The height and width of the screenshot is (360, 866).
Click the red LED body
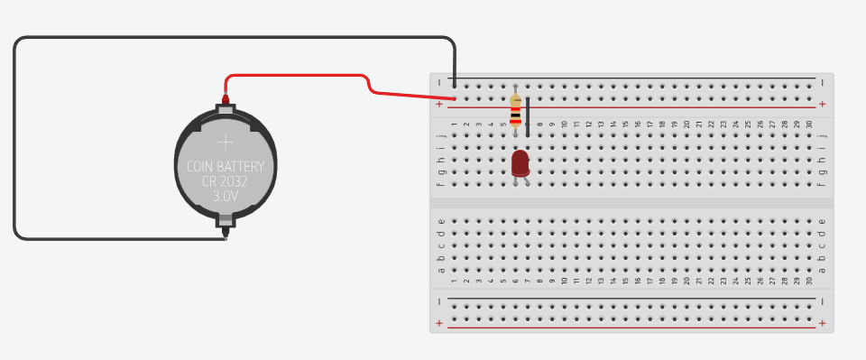520,162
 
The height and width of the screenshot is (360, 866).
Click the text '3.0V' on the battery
225,195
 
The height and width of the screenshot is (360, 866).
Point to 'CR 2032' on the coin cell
225,180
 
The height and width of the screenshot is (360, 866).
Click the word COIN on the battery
203,167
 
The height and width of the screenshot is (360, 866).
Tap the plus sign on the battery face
225,142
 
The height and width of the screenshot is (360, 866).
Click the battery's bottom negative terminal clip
225,219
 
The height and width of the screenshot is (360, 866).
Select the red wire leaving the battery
298,76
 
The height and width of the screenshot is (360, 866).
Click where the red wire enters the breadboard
454,98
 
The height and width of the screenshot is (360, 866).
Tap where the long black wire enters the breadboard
454,86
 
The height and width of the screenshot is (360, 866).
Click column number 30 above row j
809,124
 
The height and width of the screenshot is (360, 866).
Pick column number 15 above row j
625,124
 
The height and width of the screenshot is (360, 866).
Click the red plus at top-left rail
439,105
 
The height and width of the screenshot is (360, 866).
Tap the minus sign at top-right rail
822,81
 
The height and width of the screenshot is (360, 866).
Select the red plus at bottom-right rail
822,323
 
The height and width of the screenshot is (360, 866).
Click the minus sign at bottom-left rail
439,300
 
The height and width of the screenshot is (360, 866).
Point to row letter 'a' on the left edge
441,269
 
